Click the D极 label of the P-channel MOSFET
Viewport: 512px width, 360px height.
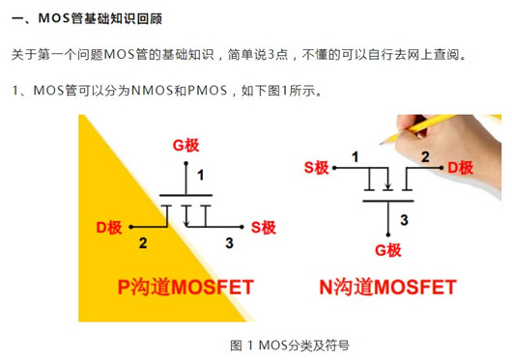coord(108,227)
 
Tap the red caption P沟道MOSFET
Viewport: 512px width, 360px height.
coord(185,287)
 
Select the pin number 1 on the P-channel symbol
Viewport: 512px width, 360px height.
coord(200,175)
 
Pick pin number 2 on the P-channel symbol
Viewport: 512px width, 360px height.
coord(143,241)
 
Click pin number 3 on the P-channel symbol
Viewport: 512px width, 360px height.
coord(228,241)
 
